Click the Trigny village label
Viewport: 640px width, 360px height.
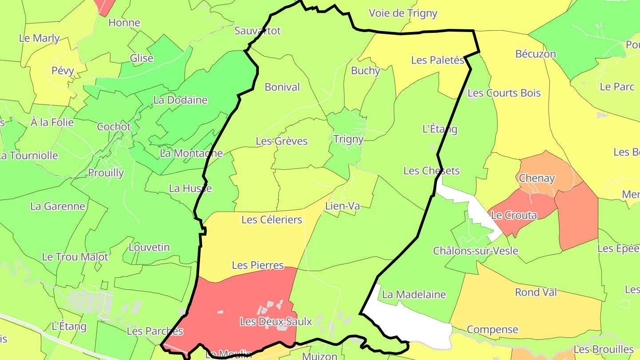coord(348,139)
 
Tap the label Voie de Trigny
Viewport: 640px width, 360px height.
coord(403,13)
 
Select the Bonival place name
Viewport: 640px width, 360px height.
coord(282,87)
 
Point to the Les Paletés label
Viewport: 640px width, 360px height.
coord(437,60)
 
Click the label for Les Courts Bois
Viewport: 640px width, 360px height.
coord(504,93)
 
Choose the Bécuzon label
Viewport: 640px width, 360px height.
coord(536,54)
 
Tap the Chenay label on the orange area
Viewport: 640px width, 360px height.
coord(537,179)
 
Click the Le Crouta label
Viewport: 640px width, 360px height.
coord(514,216)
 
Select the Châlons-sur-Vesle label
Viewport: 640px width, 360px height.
coord(476,251)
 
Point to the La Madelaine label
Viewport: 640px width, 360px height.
coord(414,294)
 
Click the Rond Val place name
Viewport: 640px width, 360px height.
coord(536,292)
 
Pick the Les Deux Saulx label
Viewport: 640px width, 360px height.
coord(276,321)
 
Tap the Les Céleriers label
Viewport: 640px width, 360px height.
coord(272,220)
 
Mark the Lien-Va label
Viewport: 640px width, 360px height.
coord(342,206)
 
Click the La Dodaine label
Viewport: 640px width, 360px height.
coord(180,100)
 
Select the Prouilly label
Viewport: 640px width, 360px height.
coord(106,173)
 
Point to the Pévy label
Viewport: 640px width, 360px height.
coord(63,71)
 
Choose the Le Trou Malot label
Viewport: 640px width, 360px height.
coord(75,257)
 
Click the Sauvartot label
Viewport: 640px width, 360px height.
coord(258,31)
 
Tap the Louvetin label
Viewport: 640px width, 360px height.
coord(149,247)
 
